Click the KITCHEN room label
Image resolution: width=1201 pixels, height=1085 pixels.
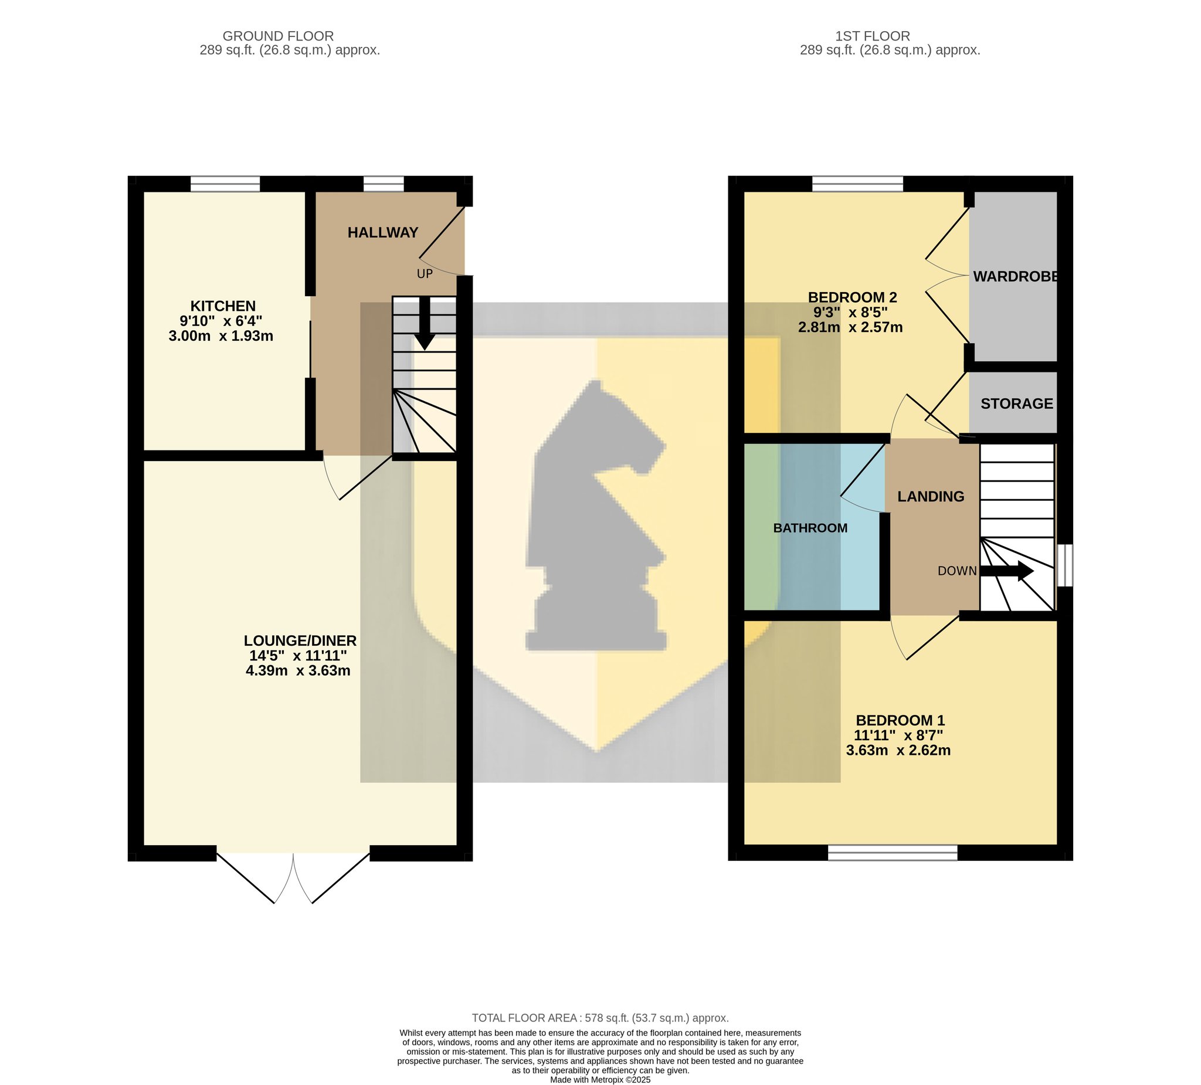tap(223, 306)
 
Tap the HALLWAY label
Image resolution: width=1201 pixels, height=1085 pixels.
tap(383, 233)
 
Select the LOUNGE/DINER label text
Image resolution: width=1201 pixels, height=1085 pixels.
tap(300, 640)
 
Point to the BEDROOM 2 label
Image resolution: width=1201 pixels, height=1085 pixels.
tap(852, 297)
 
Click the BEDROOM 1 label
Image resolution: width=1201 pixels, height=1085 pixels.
tap(900, 720)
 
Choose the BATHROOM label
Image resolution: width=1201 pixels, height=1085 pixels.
tap(810, 528)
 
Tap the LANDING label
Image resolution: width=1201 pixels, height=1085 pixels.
tap(931, 496)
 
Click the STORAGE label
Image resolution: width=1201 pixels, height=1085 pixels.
tap(1017, 404)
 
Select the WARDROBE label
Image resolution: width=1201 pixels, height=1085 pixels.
tap(1016, 276)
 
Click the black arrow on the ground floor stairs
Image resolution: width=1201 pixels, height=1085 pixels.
tap(425, 323)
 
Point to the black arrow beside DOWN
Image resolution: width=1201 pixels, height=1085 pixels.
tap(1007, 571)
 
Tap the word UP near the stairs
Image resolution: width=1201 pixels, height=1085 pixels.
tap(425, 274)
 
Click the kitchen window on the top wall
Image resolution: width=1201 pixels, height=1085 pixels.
tap(225, 184)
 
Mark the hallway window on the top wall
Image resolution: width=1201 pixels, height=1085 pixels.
tap(384, 184)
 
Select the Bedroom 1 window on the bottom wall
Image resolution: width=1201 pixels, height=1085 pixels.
tap(893, 853)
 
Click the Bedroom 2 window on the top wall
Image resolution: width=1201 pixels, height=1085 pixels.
tap(858, 184)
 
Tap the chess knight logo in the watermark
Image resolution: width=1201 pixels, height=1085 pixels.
tap(596, 516)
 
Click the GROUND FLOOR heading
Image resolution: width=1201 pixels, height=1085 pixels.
tap(278, 36)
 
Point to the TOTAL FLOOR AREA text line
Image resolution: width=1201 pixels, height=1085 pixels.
tap(600, 1018)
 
